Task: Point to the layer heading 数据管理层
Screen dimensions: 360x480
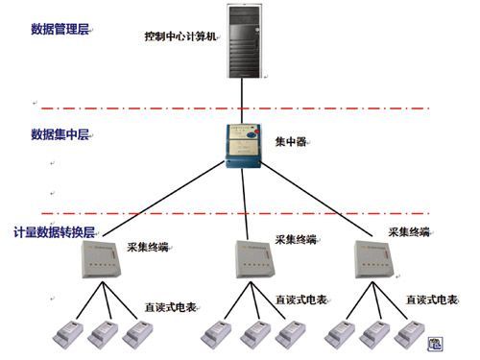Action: tap(60, 30)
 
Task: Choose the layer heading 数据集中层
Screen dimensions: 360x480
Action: tap(60, 133)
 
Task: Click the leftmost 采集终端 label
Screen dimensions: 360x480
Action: tap(148, 247)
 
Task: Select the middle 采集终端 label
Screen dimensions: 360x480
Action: tap(296, 239)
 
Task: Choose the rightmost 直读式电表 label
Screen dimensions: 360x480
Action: tap(429, 300)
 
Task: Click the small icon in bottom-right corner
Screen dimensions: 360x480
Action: tap(434, 343)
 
